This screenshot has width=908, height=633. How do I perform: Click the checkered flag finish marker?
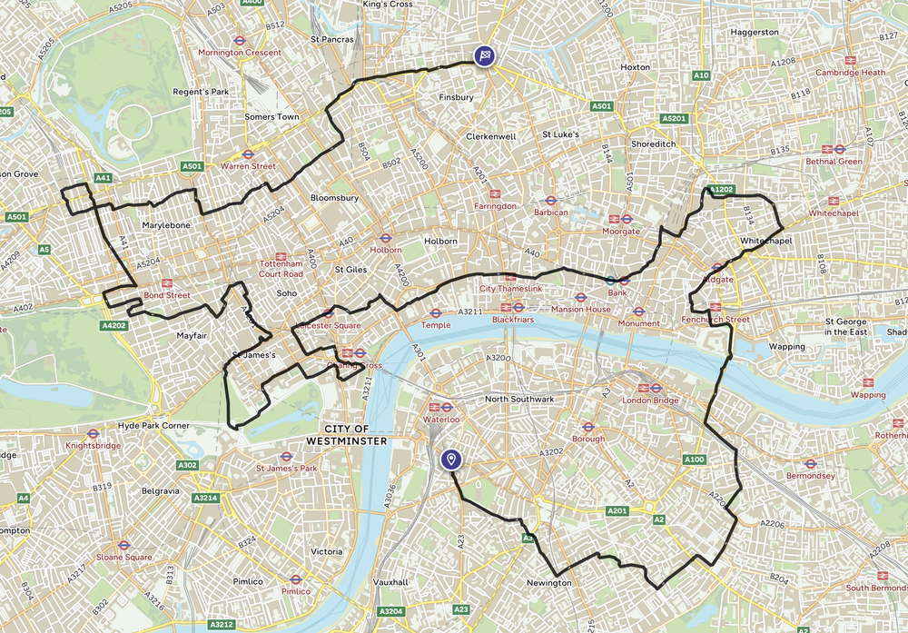pyautogui.click(x=486, y=55)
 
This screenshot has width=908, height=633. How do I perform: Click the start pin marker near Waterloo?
pyautogui.click(x=449, y=460)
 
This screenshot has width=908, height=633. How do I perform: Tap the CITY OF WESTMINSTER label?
pyautogui.click(x=347, y=434)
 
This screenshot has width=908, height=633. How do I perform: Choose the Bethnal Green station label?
pyautogui.click(x=834, y=162)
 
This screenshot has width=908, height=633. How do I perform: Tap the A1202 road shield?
pyautogui.click(x=721, y=189)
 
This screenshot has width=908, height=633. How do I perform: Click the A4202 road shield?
pyautogui.click(x=115, y=324)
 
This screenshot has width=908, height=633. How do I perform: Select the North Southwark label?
pyautogui.click(x=519, y=399)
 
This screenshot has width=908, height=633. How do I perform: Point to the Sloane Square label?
pyautogui.click(x=125, y=557)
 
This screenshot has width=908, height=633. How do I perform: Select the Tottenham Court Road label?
pyautogui.click(x=281, y=269)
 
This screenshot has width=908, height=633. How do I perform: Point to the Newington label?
pyautogui.click(x=548, y=582)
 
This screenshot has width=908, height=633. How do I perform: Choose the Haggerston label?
pyautogui.click(x=754, y=32)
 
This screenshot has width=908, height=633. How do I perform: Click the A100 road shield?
pyautogui.click(x=694, y=460)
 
